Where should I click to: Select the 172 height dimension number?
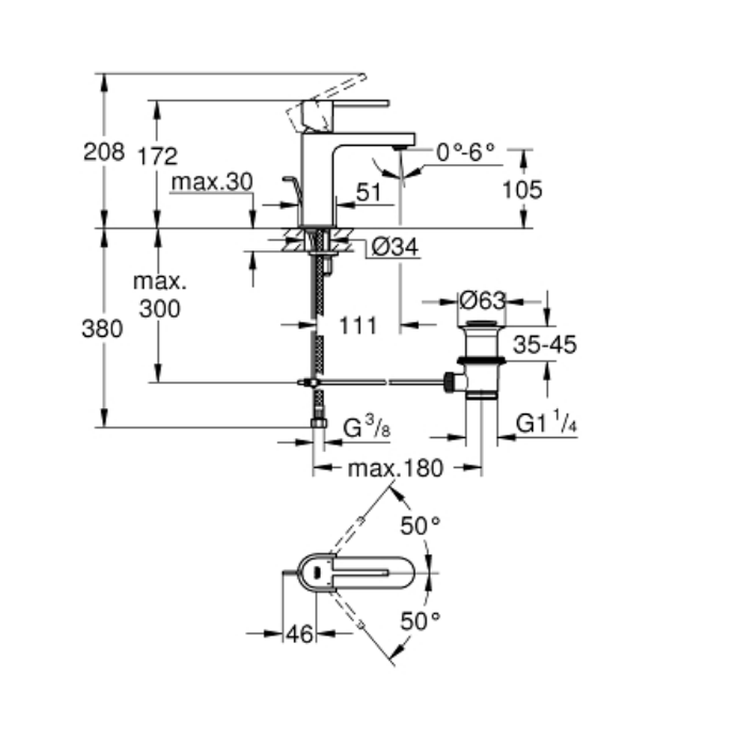157,155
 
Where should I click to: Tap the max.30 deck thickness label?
212,182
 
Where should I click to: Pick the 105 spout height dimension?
523,190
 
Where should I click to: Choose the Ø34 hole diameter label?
394,248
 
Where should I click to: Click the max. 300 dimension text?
160,295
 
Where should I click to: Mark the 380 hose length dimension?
103,329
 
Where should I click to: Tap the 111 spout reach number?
358,325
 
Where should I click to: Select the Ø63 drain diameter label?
482,300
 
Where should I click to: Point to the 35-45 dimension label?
544,344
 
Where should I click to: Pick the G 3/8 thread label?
367,428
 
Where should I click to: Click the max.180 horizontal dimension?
395,468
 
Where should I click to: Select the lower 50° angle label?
421,621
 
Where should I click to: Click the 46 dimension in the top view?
299,634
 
